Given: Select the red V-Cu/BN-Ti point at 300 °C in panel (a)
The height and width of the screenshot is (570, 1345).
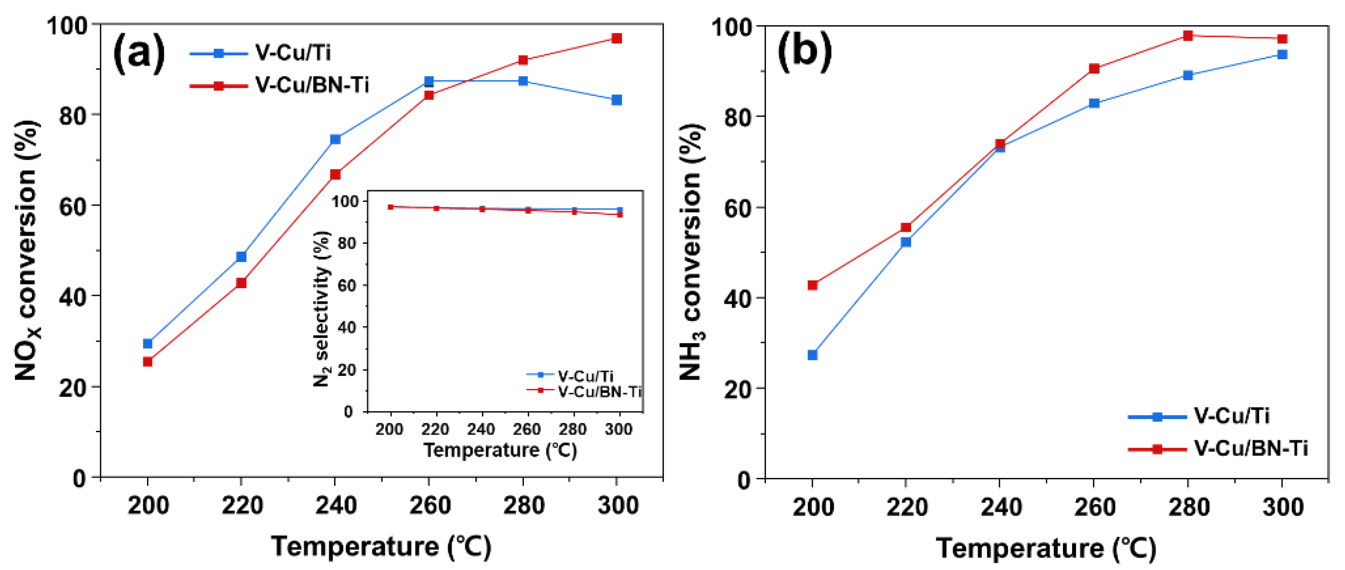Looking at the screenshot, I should [617, 38].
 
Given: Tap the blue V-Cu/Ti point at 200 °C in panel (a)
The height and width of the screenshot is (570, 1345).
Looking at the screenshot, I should [148, 344].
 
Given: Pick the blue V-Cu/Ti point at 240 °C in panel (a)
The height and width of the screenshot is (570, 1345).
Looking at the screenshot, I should [335, 139].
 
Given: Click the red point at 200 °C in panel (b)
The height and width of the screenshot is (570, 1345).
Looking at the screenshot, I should [812, 285].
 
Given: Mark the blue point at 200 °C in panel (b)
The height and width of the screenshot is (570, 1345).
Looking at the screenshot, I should [812, 355].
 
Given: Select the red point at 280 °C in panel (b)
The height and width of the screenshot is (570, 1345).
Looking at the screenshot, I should [1188, 36].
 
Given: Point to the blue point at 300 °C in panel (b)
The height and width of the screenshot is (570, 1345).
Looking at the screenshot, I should [1282, 54].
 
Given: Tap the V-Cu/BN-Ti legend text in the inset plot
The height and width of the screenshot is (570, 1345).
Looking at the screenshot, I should [599, 391].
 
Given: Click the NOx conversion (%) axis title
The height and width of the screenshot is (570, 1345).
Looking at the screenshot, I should [26, 251].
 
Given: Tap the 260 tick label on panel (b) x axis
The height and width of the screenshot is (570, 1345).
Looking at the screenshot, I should [1094, 507].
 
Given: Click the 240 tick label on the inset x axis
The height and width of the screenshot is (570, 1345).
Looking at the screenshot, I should [481, 430].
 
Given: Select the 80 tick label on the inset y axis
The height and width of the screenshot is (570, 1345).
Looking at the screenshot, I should [347, 243].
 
